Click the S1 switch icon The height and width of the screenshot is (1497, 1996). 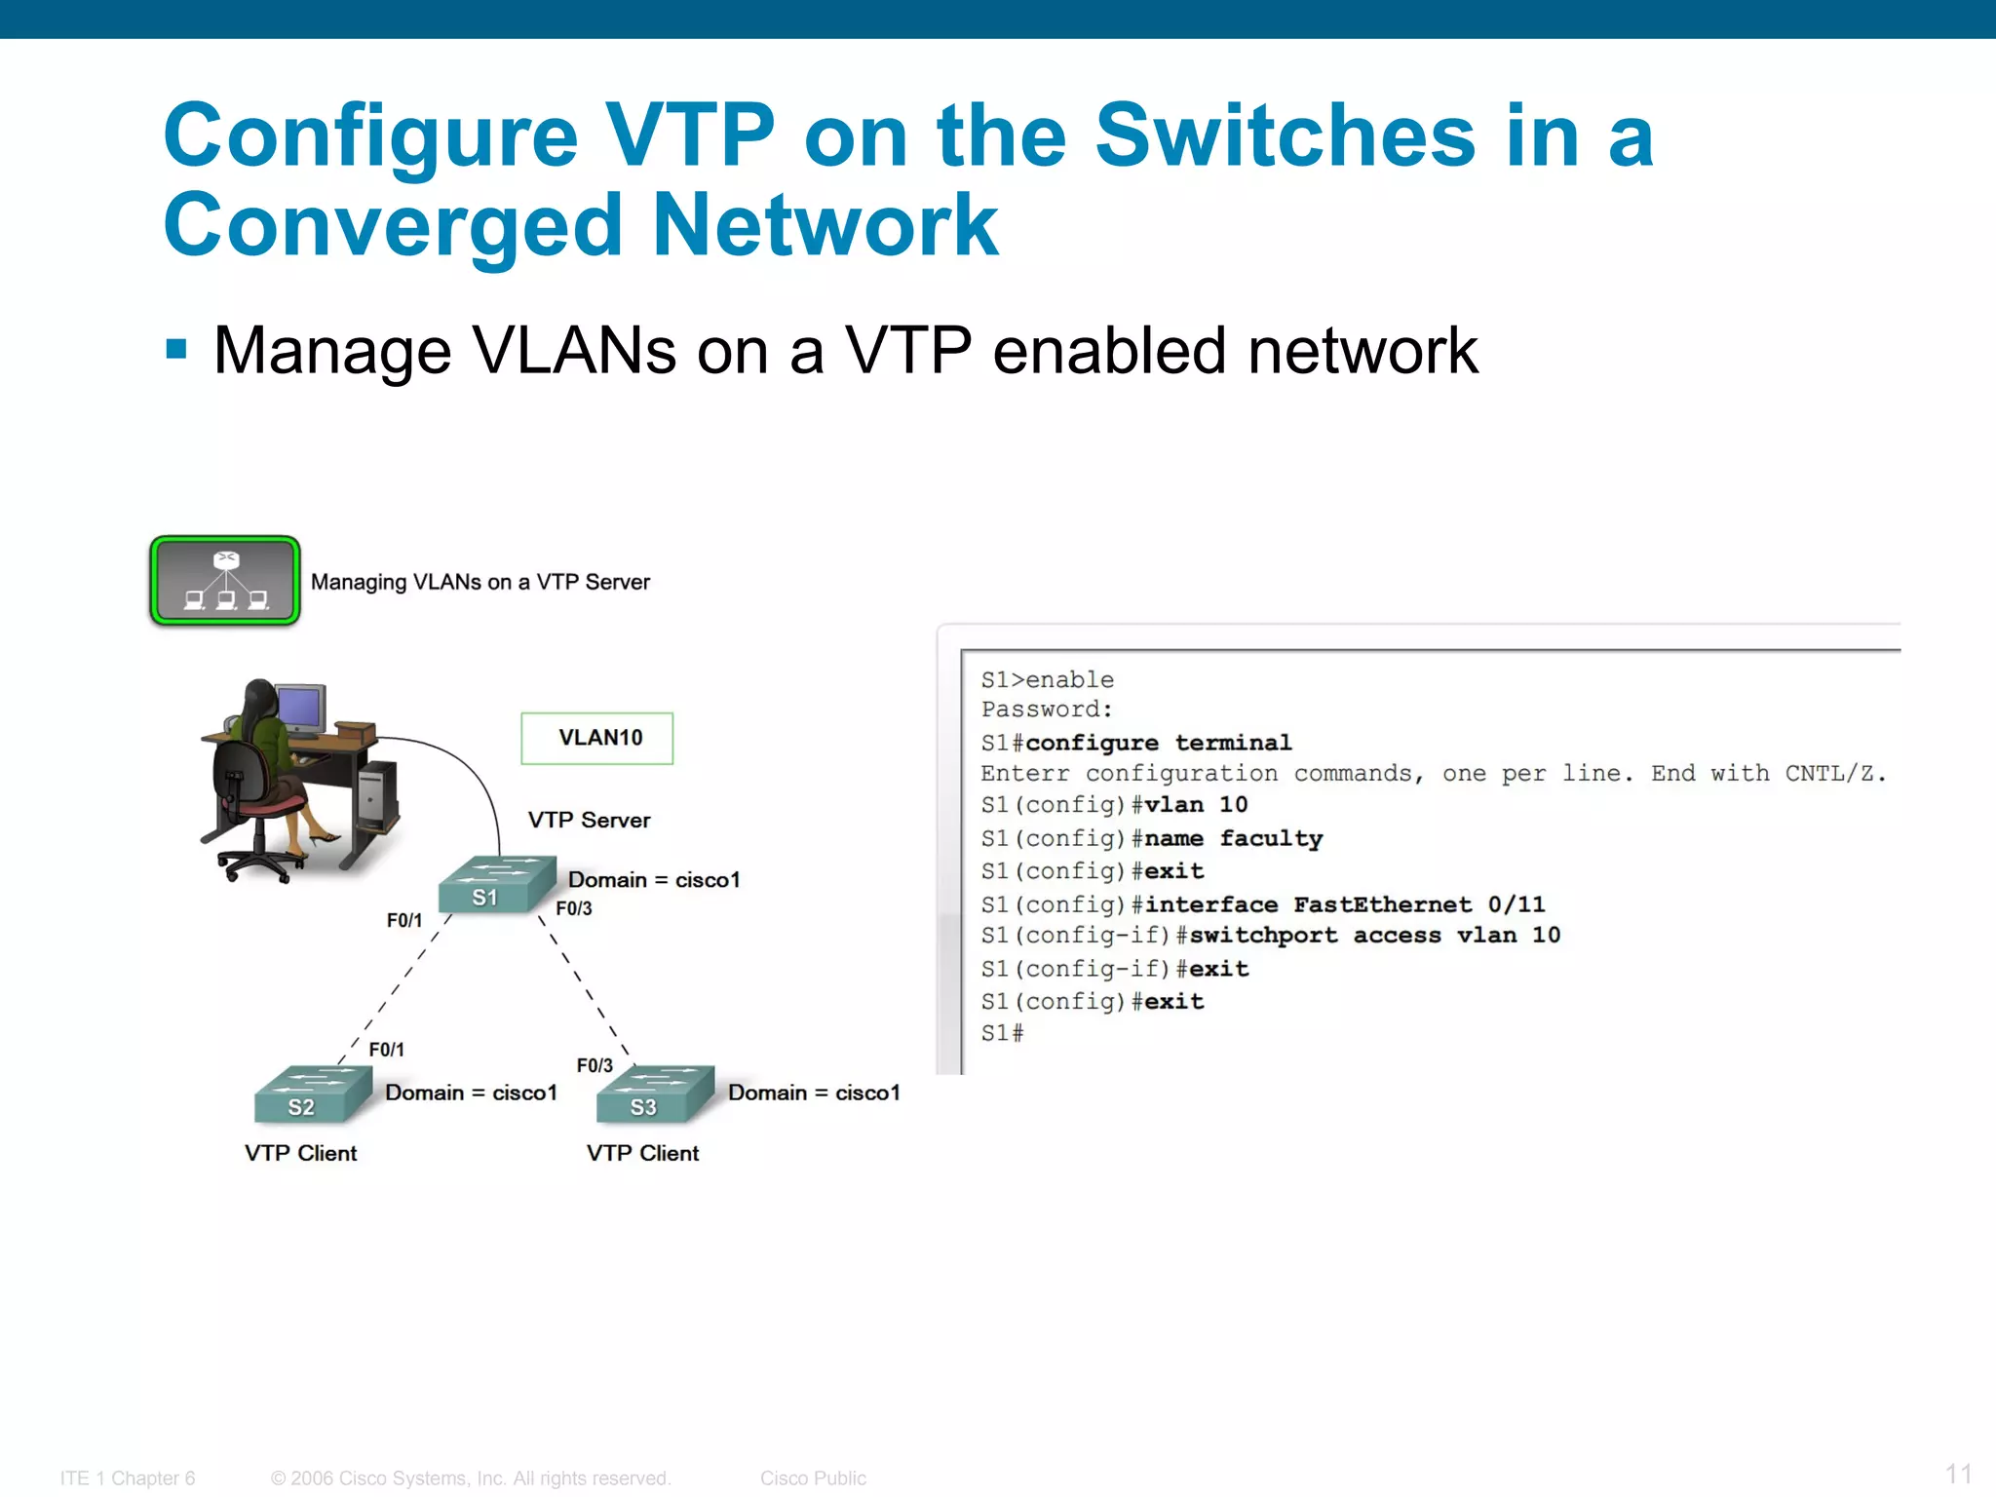[495, 885]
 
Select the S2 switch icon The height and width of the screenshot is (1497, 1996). [312, 1094]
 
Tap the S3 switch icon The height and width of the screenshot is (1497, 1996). [654, 1094]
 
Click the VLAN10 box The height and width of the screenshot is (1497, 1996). [597, 738]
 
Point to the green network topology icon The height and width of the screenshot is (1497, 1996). [225, 581]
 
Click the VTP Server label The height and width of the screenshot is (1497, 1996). [589, 820]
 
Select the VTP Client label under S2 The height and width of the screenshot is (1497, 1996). [300, 1153]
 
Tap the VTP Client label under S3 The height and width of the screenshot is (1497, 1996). [642, 1153]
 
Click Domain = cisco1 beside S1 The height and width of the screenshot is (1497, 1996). [654, 879]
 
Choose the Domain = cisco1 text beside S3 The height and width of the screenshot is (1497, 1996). [814, 1093]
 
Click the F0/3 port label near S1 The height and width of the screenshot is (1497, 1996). [574, 908]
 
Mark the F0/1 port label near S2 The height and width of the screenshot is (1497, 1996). [386, 1050]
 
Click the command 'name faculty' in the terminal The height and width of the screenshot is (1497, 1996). [1233, 838]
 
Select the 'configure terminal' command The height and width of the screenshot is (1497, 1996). [1158, 743]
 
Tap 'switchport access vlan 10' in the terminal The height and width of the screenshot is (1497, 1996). [1374, 936]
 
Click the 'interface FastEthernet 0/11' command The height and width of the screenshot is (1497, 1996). [1344, 904]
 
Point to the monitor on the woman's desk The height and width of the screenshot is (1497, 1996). [301, 709]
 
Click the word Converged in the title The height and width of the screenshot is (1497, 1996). [392, 226]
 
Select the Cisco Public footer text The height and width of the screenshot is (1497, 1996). [813, 1478]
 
